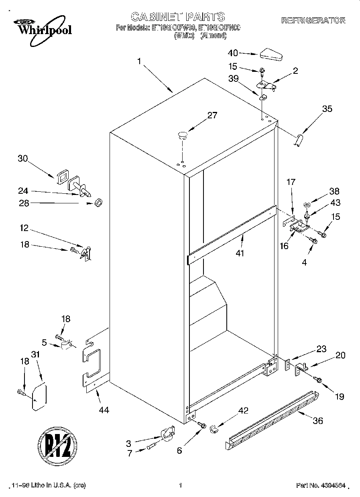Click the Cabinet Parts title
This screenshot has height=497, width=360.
coord(178,17)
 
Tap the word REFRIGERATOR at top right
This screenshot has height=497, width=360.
coord(313,20)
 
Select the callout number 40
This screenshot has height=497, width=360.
coord(233,53)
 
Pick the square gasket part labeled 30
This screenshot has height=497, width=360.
coord(62,177)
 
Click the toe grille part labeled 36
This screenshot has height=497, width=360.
coord(271,419)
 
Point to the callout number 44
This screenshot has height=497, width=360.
coord(103,410)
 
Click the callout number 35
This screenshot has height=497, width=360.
coord(327,109)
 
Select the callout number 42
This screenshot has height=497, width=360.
coord(243,410)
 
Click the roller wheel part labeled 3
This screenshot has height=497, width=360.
coord(167,434)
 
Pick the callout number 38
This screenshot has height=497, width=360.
coord(334,191)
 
